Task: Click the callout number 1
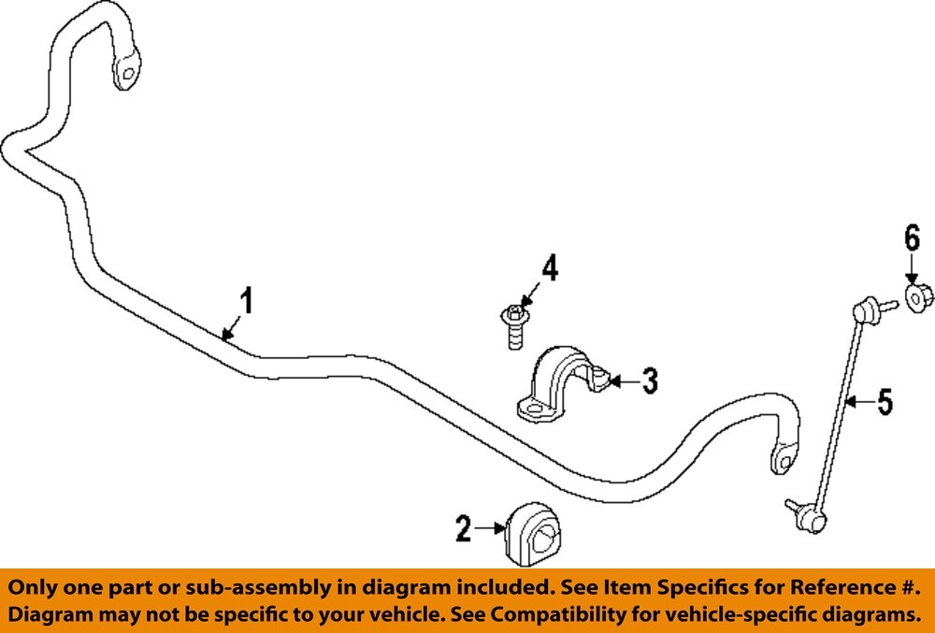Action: (247, 302)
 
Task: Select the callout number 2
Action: (464, 529)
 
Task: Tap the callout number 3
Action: (648, 381)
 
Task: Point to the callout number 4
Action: (550, 270)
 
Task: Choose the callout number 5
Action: (884, 403)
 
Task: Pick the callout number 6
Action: (913, 238)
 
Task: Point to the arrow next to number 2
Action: (489, 529)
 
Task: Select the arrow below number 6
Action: (912, 268)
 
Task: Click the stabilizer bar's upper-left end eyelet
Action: (126, 70)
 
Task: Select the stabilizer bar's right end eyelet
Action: (783, 458)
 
